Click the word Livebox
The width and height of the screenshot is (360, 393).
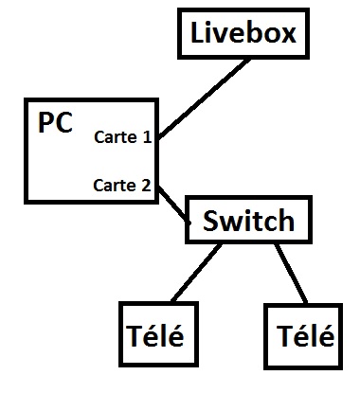243,34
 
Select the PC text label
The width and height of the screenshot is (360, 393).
56,124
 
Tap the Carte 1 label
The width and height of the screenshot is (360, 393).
122,137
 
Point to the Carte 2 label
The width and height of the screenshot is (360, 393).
122,185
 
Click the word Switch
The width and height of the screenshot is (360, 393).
248,222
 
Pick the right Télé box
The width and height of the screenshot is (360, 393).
300,334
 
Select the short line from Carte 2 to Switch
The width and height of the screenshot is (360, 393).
172,203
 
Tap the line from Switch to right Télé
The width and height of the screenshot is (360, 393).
290,274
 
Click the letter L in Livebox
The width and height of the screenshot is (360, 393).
198,34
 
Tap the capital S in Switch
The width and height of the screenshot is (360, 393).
212,222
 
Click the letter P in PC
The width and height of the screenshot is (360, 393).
46,124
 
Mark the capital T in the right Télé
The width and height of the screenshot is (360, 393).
283,335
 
